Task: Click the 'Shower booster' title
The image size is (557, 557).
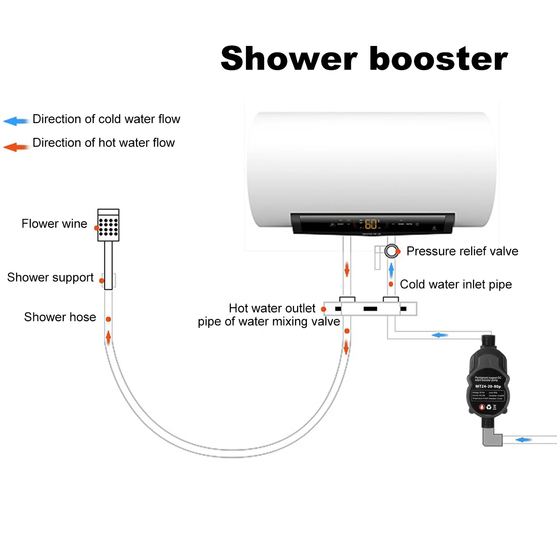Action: pyautogui.click(x=364, y=59)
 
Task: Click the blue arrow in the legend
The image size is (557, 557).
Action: pyautogui.click(x=16, y=121)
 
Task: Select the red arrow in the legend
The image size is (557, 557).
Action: pyautogui.click(x=16, y=147)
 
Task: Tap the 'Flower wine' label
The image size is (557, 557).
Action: pyautogui.click(x=54, y=224)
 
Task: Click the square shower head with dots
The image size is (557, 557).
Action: pyautogui.click(x=108, y=226)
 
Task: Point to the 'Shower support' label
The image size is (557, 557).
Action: pyautogui.click(x=50, y=278)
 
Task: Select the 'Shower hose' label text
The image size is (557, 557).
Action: pyautogui.click(x=60, y=317)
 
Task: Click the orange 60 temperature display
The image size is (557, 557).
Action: pyautogui.click(x=371, y=224)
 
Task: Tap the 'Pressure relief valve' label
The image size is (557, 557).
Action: pyautogui.click(x=462, y=251)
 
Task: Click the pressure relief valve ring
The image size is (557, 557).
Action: pyautogui.click(x=391, y=251)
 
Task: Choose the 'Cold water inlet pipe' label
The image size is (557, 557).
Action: pyautogui.click(x=456, y=284)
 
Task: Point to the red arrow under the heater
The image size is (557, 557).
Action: pyautogui.click(x=347, y=269)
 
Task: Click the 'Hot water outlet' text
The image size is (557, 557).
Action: pyautogui.click(x=272, y=308)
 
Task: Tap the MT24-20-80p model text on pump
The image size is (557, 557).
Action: pyautogui.click(x=488, y=386)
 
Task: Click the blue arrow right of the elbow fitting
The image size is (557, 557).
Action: pyautogui.click(x=524, y=440)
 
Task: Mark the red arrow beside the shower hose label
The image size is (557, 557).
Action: pyautogui.click(x=109, y=337)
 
